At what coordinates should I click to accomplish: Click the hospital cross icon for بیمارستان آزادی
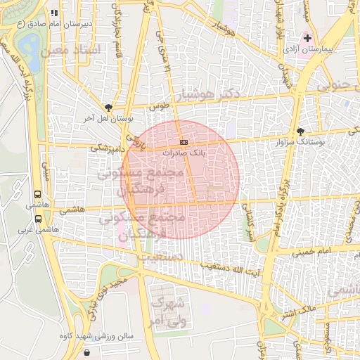[x=307, y=37]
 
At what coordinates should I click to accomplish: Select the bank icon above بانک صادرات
[x=184, y=142]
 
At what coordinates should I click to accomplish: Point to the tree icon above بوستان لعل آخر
[x=108, y=108]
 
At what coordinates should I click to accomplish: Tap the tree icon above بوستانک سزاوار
[x=301, y=131]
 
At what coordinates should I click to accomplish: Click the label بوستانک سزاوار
[x=329, y=142]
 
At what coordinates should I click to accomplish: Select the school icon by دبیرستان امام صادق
[x=56, y=13]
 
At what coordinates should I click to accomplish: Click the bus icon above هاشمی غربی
[x=37, y=218]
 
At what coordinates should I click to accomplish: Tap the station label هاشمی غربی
[x=38, y=229]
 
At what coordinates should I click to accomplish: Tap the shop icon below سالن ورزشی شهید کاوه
[x=86, y=352]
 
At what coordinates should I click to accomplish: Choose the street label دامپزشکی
[x=109, y=149]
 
